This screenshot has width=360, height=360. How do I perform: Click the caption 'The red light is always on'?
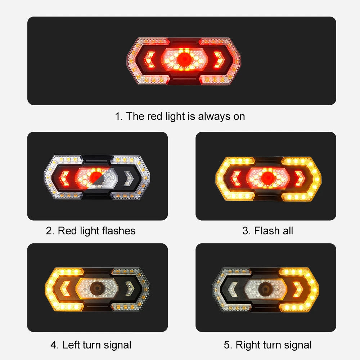point(180,116)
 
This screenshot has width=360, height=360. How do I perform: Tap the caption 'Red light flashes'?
point(91,230)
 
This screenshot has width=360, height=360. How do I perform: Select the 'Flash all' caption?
point(267,230)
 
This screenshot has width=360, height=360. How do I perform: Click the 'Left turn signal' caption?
point(91,345)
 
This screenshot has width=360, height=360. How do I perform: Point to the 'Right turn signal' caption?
point(268,345)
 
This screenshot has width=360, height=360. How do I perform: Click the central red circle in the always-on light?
point(184,59)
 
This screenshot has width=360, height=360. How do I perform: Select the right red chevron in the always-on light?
point(217,59)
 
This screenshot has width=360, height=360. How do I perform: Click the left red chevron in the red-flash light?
point(65,176)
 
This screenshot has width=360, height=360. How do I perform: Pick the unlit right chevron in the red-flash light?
point(128,176)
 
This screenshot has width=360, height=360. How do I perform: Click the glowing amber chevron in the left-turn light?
point(66,288)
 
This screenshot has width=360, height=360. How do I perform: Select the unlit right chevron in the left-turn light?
point(129,288)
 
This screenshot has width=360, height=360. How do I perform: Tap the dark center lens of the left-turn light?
point(96,288)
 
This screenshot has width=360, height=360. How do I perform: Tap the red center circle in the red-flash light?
point(96,176)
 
